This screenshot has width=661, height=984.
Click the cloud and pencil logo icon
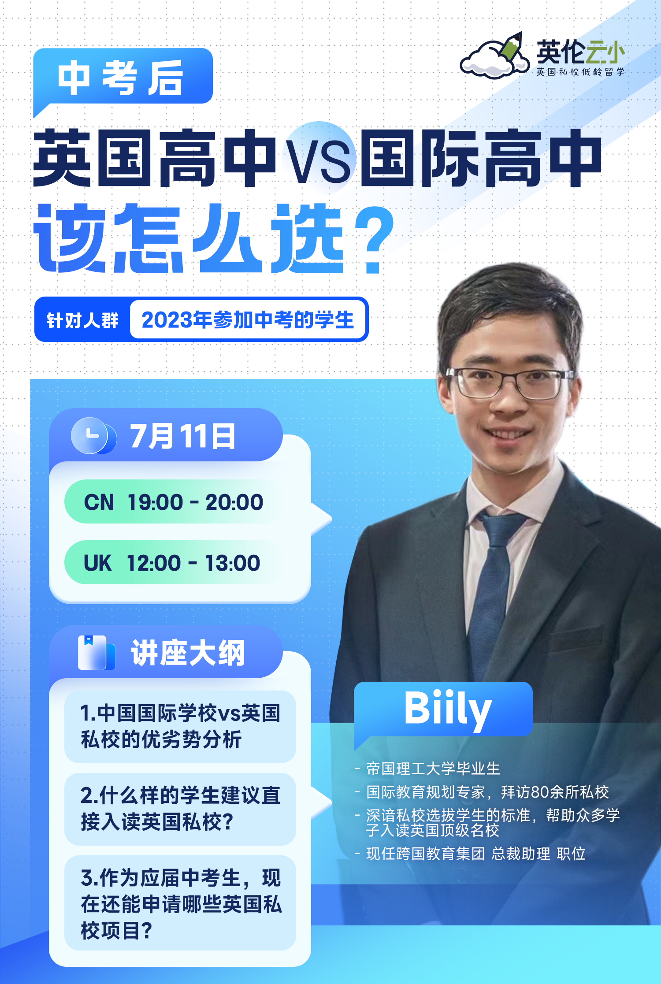(x=494, y=56)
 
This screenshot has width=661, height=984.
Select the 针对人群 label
(x=83, y=320)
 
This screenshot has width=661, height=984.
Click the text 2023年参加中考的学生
(x=248, y=320)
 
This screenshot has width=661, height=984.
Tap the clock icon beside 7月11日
(x=93, y=436)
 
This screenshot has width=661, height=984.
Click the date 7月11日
(x=182, y=436)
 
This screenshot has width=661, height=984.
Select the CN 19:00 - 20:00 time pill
(x=174, y=502)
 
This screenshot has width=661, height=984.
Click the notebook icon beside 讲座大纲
(x=97, y=653)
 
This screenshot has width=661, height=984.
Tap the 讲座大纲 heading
(x=188, y=653)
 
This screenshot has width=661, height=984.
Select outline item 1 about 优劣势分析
(x=180, y=727)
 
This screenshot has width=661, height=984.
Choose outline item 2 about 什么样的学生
(x=180, y=809)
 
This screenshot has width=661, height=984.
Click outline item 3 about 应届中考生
(x=180, y=903)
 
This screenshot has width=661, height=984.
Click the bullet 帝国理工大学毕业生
(x=428, y=769)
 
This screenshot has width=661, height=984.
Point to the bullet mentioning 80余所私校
(x=482, y=792)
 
